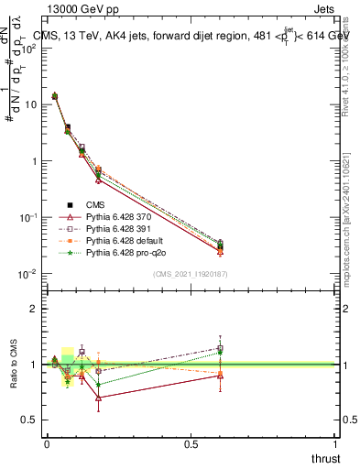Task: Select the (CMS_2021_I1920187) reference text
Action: [191, 274]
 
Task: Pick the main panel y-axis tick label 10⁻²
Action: [28, 274]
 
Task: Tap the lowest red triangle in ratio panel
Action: [98, 398]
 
